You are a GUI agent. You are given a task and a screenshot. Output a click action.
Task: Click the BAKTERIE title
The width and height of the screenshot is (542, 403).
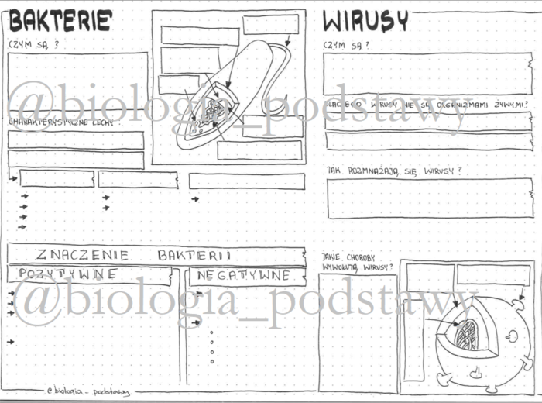(60, 21)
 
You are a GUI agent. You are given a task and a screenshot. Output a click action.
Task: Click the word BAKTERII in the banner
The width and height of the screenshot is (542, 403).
(195, 254)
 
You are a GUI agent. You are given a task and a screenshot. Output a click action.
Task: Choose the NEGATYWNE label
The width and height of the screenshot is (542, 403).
(243, 275)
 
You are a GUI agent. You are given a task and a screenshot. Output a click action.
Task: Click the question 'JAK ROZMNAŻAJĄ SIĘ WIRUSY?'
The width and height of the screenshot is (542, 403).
(395, 170)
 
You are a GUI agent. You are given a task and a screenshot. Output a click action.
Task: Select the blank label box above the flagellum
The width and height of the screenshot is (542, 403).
(270, 25)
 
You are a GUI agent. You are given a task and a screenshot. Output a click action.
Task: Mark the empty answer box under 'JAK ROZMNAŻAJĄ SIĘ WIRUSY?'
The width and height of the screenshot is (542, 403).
(429, 198)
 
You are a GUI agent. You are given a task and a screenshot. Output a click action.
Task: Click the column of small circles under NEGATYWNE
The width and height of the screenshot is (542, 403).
(211, 346)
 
